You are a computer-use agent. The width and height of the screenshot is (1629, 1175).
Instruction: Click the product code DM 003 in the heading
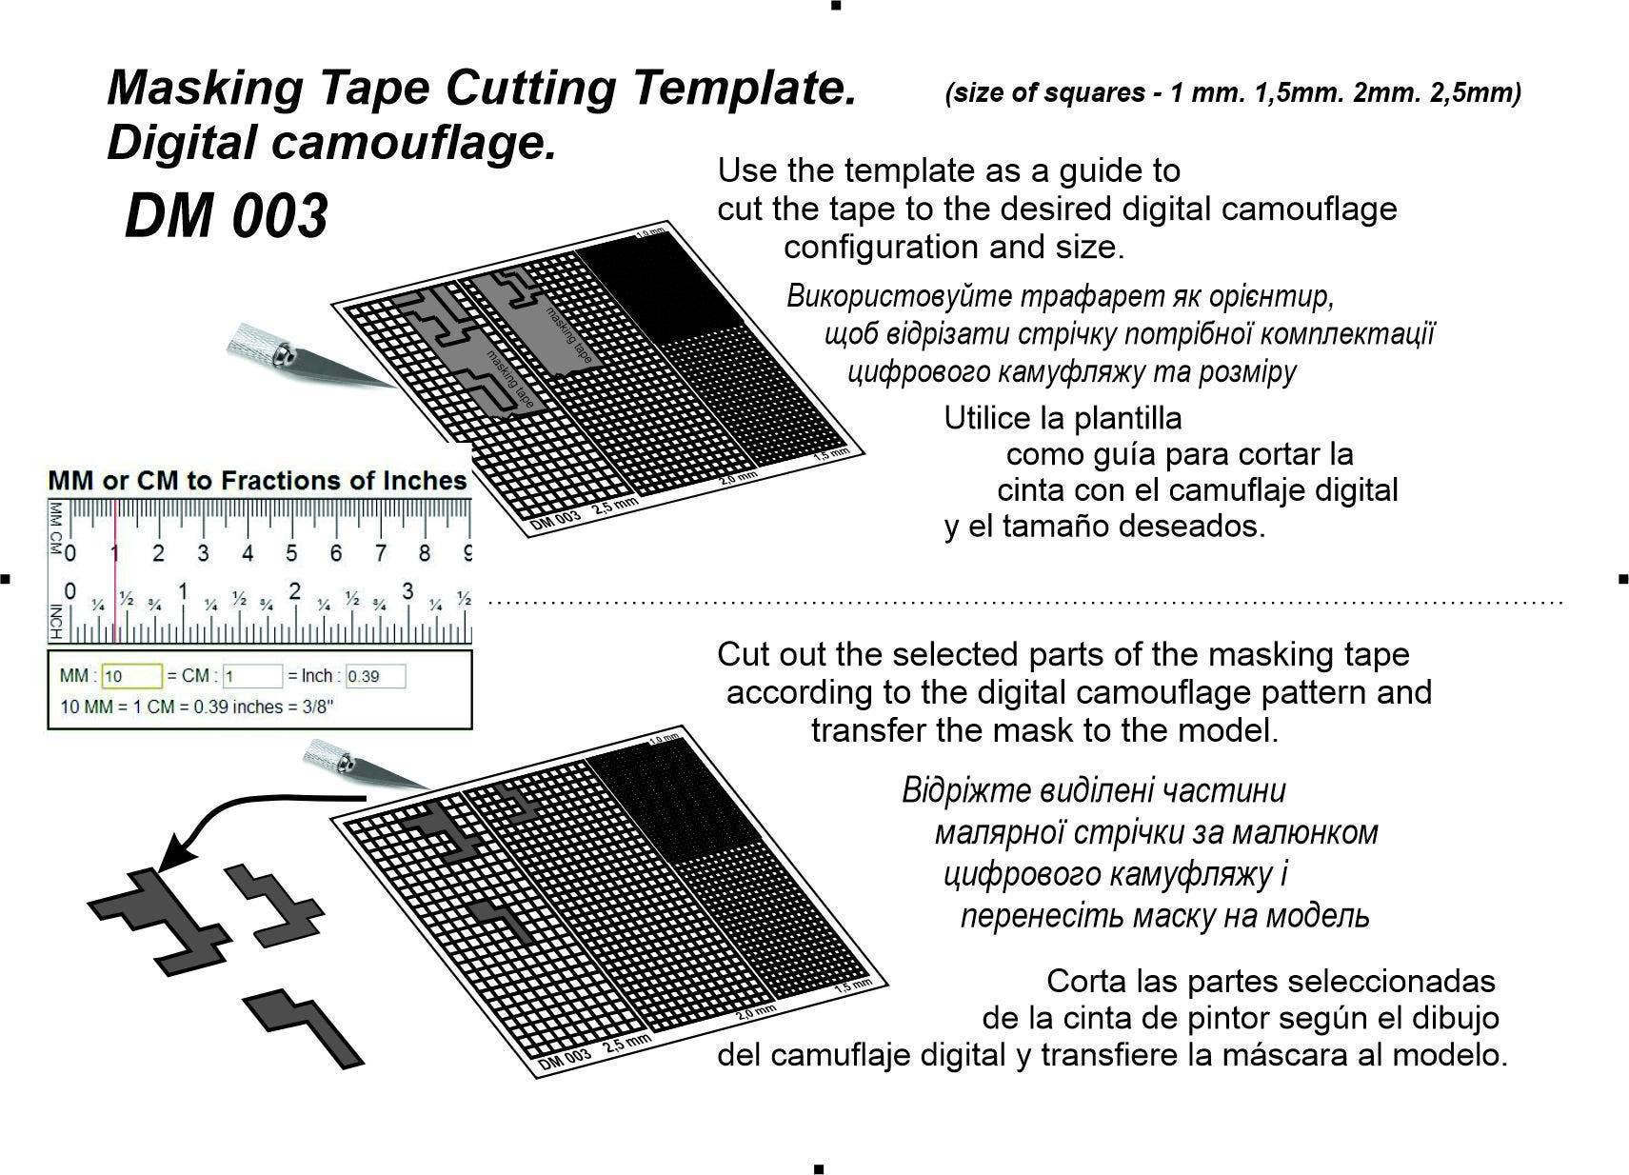(227, 216)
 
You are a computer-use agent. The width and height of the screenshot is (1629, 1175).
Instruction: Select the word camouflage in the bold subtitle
(413, 142)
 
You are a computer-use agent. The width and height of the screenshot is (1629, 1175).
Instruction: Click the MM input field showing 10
(131, 676)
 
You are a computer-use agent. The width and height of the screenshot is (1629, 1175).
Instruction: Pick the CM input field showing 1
(252, 676)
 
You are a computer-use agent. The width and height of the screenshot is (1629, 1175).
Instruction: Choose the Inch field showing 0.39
(375, 676)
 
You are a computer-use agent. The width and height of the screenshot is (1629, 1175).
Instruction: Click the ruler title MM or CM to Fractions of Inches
(257, 481)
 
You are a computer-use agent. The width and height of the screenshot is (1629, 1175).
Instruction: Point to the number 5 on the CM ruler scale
(291, 553)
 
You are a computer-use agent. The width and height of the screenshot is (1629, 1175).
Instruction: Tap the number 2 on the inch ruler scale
(294, 591)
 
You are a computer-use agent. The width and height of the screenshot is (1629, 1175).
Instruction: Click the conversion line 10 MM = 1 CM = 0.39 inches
(196, 707)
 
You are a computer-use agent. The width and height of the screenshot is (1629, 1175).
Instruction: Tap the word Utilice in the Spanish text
(988, 419)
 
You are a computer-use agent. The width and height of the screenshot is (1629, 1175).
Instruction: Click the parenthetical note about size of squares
(1233, 93)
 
